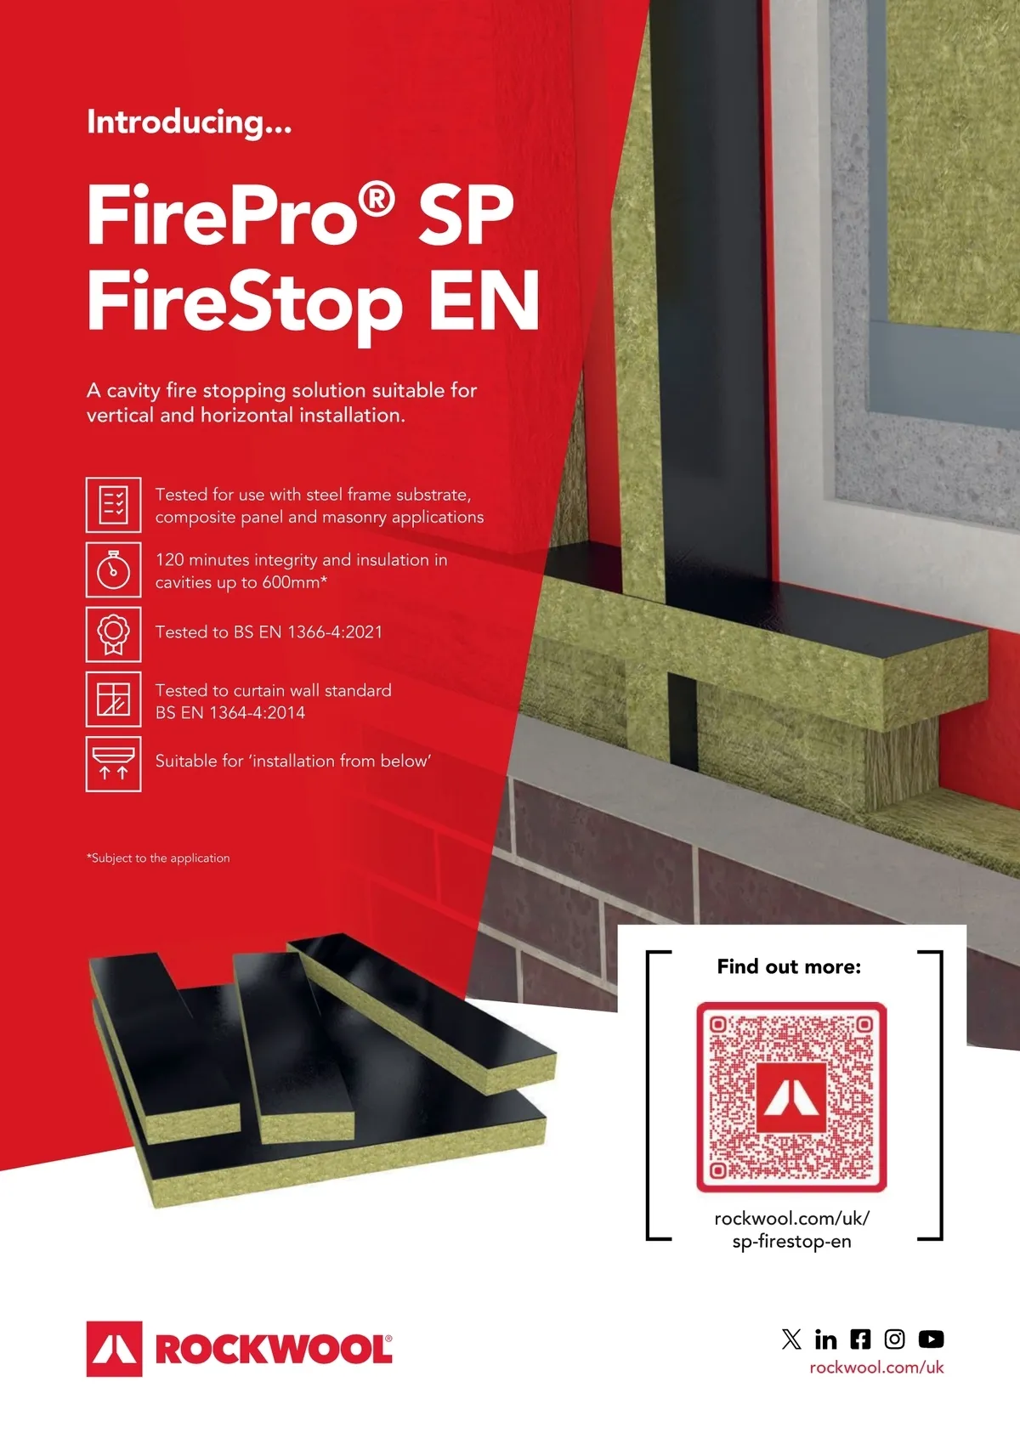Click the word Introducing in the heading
(x=175, y=122)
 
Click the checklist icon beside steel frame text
(x=114, y=505)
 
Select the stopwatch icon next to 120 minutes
(x=114, y=569)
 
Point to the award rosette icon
(x=114, y=634)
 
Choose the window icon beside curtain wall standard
(x=114, y=699)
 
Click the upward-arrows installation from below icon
(x=114, y=764)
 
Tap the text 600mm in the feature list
(x=291, y=582)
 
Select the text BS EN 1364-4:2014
(x=230, y=712)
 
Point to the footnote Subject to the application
(x=159, y=858)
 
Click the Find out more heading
(x=789, y=966)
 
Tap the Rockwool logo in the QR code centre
(x=791, y=1098)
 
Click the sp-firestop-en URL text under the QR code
(x=791, y=1242)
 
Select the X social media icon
(x=791, y=1339)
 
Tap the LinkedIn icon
(x=826, y=1339)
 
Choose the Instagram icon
(x=894, y=1339)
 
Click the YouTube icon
(x=931, y=1339)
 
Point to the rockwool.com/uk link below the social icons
(x=877, y=1368)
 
